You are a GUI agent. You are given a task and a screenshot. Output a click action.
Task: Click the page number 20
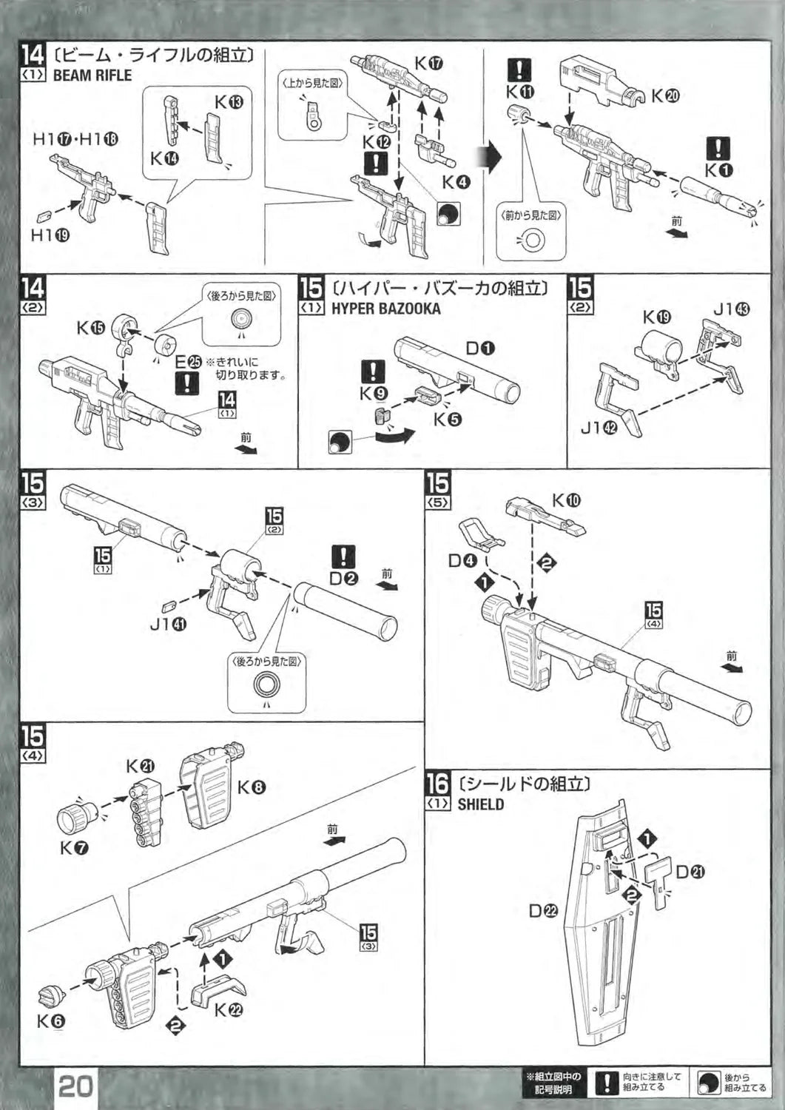[75, 1086]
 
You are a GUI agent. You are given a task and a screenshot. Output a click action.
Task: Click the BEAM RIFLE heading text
[92, 75]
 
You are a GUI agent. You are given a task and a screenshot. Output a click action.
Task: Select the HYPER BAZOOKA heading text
[385, 309]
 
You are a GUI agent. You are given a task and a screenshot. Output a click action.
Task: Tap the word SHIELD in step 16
[480, 804]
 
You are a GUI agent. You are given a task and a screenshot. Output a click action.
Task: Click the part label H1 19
[50, 235]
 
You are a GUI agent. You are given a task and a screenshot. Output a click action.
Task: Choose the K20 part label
[665, 95]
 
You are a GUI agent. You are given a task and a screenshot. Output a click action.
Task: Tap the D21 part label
[690, 872]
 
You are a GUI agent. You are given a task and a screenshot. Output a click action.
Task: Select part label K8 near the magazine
[252, 788]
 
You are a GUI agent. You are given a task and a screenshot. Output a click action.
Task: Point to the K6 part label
[51, 1022]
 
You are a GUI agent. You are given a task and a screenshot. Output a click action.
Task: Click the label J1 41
[168, 625]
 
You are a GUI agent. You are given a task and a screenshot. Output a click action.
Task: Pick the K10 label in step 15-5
[566, 501]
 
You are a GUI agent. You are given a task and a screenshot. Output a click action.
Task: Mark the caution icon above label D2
[344, 556]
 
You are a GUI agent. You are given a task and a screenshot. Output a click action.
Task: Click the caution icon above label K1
[718, 149]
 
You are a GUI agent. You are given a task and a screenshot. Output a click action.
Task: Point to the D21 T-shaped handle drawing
[658, 876]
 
